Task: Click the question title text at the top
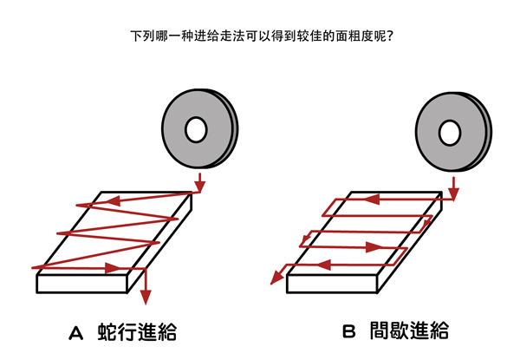[260, 37]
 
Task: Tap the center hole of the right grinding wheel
[448, 133]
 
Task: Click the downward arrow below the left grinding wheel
[200, 183]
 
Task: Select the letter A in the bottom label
[75, 332]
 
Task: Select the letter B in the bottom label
[348, 332]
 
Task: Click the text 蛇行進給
[142, 332]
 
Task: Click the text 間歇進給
[413, 332]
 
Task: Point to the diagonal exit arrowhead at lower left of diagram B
[276, 277]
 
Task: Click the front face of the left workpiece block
[82, 283]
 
